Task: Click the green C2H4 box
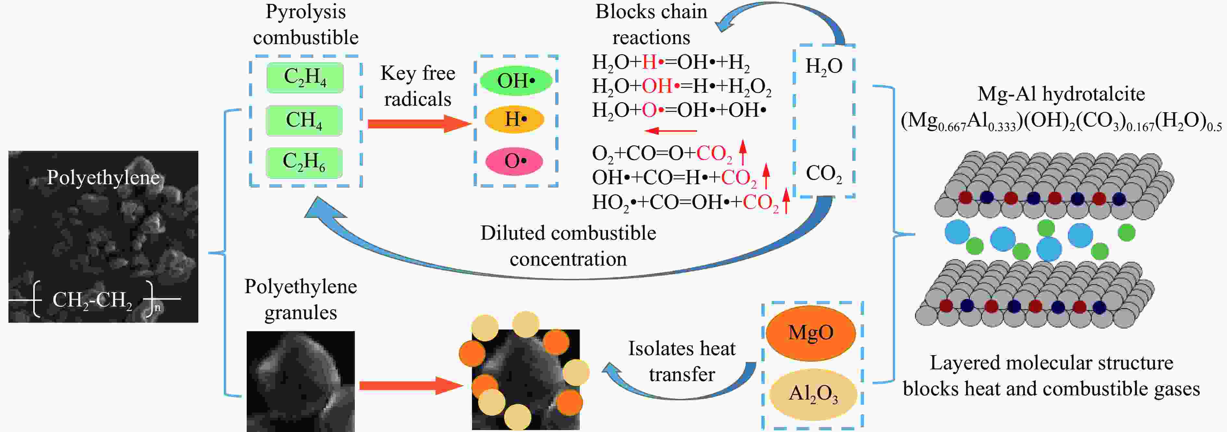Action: (x=305, y=78)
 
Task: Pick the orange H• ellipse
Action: (x=514, y=119)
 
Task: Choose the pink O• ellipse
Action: (x=514, y=161)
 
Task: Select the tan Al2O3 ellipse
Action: (x=812, y=394)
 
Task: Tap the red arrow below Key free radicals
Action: (x=419, y=124)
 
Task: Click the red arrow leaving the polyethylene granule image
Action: (x=411, y=385)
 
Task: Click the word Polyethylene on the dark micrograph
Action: (x=103, y=178)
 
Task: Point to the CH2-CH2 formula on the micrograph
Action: (x=93, y=300)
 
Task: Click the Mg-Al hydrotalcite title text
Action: (x=1061, y=94)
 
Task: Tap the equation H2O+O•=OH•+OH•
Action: (x=679, y=110)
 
